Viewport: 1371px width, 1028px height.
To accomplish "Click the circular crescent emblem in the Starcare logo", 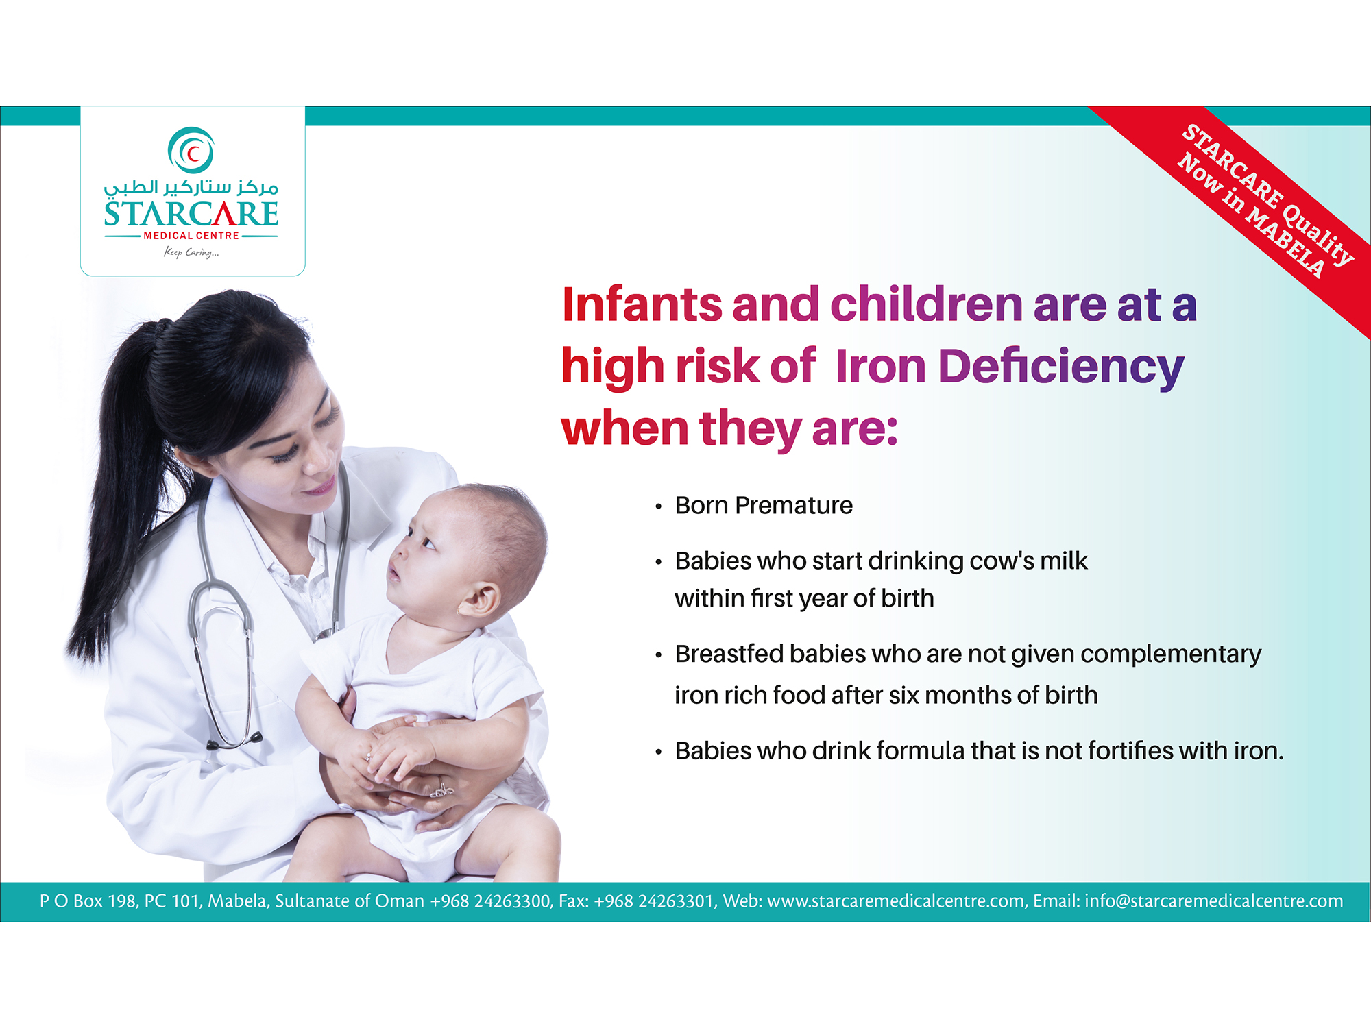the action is point(191,150).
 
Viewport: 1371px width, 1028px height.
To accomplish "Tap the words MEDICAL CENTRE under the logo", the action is point(191,236).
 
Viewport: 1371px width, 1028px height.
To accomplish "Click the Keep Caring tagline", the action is point(191,252).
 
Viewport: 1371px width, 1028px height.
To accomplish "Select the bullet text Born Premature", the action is point(764,505).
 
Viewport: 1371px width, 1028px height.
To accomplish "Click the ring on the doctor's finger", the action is point(441,790).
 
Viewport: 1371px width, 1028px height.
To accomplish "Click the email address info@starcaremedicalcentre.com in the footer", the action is point(1213,901).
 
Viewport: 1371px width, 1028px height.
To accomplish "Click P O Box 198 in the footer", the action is point(88,901).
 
